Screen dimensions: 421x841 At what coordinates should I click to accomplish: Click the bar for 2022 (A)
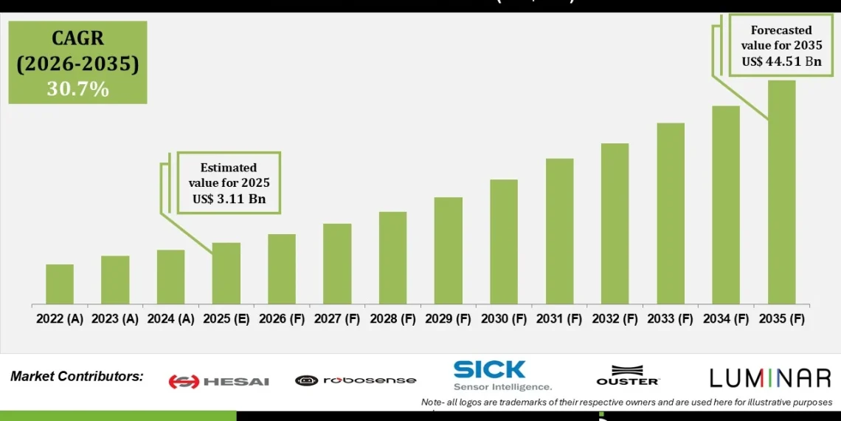[x=60, y=284]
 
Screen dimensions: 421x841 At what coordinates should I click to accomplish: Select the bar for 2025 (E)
[x=226, y=273]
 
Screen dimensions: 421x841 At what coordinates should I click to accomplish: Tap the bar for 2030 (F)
[x=503, y=242]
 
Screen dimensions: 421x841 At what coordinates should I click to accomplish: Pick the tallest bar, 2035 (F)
[x=781, y=192]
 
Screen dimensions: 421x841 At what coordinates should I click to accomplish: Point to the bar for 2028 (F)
[x=392, y=258]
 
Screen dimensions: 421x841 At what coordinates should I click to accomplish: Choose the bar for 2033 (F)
[x=671, y=213]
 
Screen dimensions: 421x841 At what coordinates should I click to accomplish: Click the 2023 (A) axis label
[x=115, y=319]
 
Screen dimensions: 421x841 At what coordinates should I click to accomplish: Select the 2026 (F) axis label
[x=281, y=319]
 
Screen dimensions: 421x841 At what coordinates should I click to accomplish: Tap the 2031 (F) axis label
[x=559, y=319]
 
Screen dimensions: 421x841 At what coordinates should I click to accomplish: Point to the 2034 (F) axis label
[x=725, y=319]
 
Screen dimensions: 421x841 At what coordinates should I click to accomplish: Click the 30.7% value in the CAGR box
[x=77, y=89]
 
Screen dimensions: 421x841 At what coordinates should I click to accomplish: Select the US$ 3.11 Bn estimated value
[x=229, y=199]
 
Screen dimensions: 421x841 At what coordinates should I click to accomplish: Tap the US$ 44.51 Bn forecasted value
[x=781, y=61]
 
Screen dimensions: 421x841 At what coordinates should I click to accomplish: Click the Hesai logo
[x=218, y=381]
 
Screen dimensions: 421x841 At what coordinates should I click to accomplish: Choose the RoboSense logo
[x=356, y=380]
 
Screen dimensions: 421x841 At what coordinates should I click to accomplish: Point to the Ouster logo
[x=628, y=375]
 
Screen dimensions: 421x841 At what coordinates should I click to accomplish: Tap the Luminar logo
[x=770, y=378]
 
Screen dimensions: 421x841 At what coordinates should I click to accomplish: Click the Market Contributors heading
[x=77, y=377]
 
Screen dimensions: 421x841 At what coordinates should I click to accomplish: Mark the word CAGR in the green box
[x=77, y=38]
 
